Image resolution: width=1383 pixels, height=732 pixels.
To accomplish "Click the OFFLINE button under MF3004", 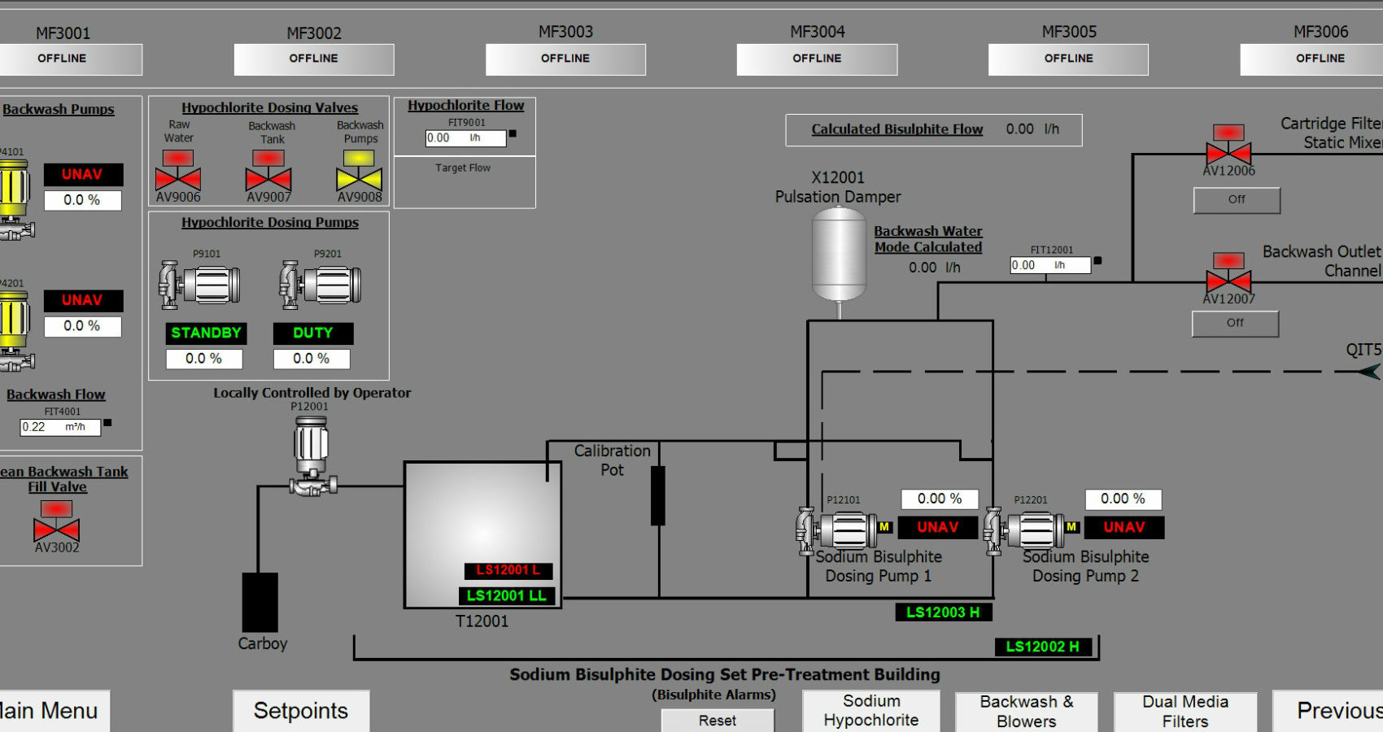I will (817, 59).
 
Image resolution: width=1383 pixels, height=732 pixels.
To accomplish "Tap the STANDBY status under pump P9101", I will (206, 333).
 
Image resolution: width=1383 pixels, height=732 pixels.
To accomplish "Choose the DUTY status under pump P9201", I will (312, 333).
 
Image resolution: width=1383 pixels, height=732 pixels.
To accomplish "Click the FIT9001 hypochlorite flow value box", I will (465, 138).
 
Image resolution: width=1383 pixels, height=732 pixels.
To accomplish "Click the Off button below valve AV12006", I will (1237, 200).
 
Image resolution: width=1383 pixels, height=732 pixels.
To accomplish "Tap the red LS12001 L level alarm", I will (508, 570).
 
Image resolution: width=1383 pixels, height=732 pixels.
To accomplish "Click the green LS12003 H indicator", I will (943, 612).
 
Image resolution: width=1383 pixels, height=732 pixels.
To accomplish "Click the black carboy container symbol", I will (260, 602).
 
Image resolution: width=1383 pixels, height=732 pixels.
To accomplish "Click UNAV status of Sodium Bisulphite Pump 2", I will (1123, 527).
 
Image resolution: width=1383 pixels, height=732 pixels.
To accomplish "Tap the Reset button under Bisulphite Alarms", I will (718, 721).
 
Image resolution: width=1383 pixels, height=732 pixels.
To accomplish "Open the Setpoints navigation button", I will (301, 711).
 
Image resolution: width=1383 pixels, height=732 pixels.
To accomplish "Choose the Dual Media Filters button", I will (1184, 711).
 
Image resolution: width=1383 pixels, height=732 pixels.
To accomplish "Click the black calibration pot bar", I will (658, 495).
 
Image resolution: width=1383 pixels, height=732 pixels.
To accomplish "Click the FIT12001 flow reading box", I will (1049, 265).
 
